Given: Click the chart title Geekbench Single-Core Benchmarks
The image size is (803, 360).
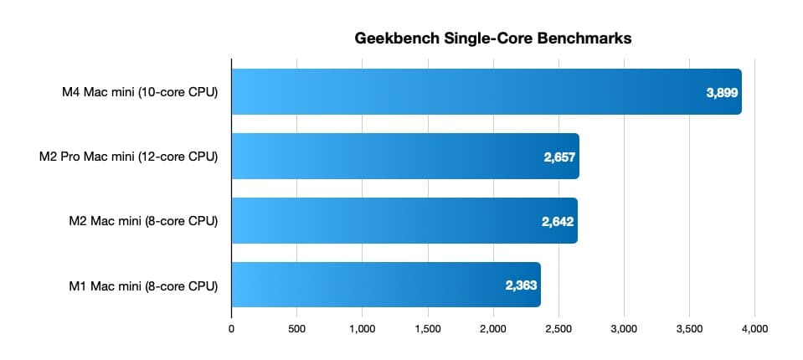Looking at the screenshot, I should point(492,38).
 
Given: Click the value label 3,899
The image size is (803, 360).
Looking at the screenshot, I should point(722,93).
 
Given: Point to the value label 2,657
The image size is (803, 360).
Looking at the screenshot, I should point(558,157).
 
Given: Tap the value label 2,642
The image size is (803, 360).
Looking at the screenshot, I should point(557,221).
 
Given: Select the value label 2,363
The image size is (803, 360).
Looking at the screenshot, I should point(520,285).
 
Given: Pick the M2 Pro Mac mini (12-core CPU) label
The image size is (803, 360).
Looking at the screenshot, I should point(128,157).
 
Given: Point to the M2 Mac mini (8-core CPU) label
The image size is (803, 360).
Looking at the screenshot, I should point(144,221).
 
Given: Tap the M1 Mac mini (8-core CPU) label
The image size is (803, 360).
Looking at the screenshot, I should point(144,285).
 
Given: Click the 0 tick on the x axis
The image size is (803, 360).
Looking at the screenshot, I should point(231,329).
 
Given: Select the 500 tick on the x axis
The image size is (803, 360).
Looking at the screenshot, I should point(296,329).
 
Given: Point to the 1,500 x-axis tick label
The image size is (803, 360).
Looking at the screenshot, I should point(427,329).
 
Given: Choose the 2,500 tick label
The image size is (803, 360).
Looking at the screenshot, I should point(558,329).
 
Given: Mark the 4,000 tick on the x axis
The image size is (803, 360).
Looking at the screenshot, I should point(754,329).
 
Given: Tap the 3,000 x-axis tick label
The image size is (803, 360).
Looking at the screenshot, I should point(624,329).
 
